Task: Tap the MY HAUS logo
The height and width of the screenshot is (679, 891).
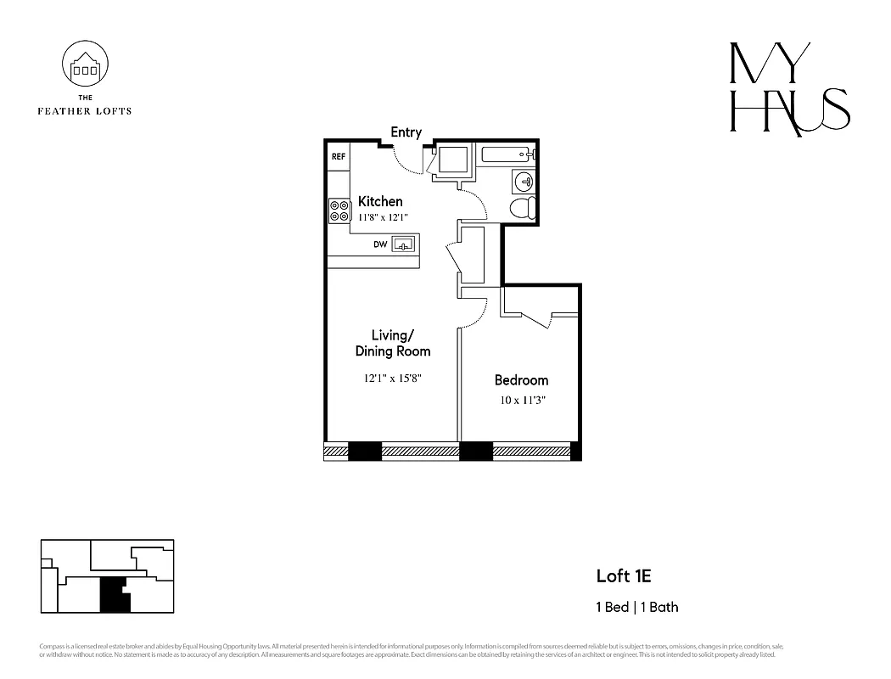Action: (789, 88)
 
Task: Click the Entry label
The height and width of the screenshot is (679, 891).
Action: (406, 132)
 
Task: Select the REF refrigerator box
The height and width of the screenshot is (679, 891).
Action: (339, 157)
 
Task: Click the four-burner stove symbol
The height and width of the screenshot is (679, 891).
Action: (339, 210)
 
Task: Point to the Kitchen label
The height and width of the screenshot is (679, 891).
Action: (379, 201)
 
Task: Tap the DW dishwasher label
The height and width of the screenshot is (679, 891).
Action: (380, 245)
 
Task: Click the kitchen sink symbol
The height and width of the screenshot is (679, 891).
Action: (403, 245)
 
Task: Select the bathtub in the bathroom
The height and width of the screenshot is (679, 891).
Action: (507, 154)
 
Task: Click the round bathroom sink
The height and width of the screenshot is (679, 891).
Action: (524, 181)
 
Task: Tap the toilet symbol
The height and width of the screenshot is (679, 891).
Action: (522, 208)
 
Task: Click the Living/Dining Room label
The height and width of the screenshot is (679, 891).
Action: (392, 343)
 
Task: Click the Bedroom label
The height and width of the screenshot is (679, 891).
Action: (521, 380)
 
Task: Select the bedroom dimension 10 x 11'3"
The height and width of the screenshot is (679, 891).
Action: (521, 400)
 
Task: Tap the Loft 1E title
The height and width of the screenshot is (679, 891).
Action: (623, 577)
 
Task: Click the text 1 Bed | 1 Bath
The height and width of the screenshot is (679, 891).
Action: (636, 607)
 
